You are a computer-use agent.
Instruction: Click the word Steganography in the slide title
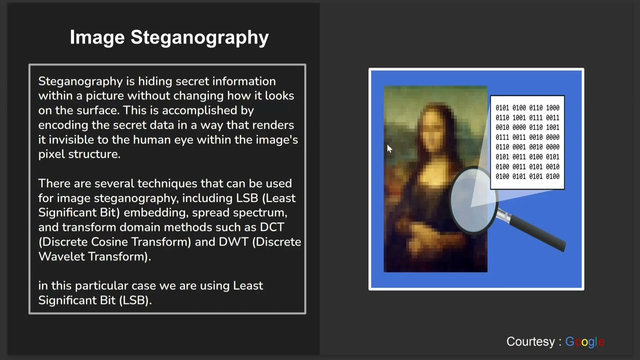coord(199,37)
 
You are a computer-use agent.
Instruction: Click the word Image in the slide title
coord(97,37)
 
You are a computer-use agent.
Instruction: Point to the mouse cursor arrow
coord(389,147)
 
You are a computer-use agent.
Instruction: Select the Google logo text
coord(584,342)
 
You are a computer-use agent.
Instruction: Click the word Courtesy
coord(530,342)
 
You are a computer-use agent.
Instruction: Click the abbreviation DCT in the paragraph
coord(272,227)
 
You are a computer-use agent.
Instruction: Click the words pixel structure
coord(79,154)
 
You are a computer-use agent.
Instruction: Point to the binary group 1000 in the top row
coord(552,108)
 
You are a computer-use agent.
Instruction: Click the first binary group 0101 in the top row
coord(502,108)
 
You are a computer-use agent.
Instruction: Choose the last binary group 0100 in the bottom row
coord(552,176)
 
